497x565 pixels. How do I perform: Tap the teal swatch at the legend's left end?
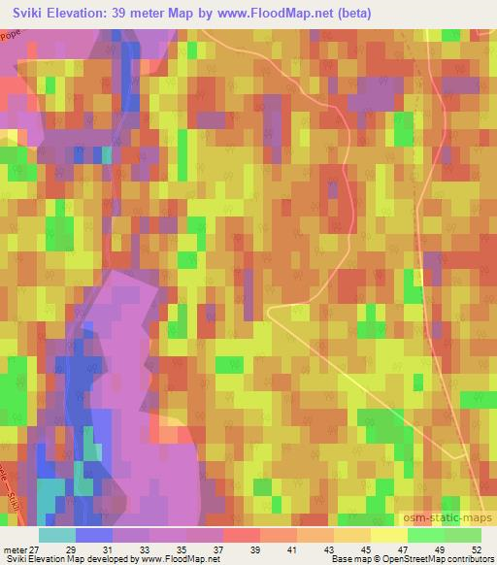57,535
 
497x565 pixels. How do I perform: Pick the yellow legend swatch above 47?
388,535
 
